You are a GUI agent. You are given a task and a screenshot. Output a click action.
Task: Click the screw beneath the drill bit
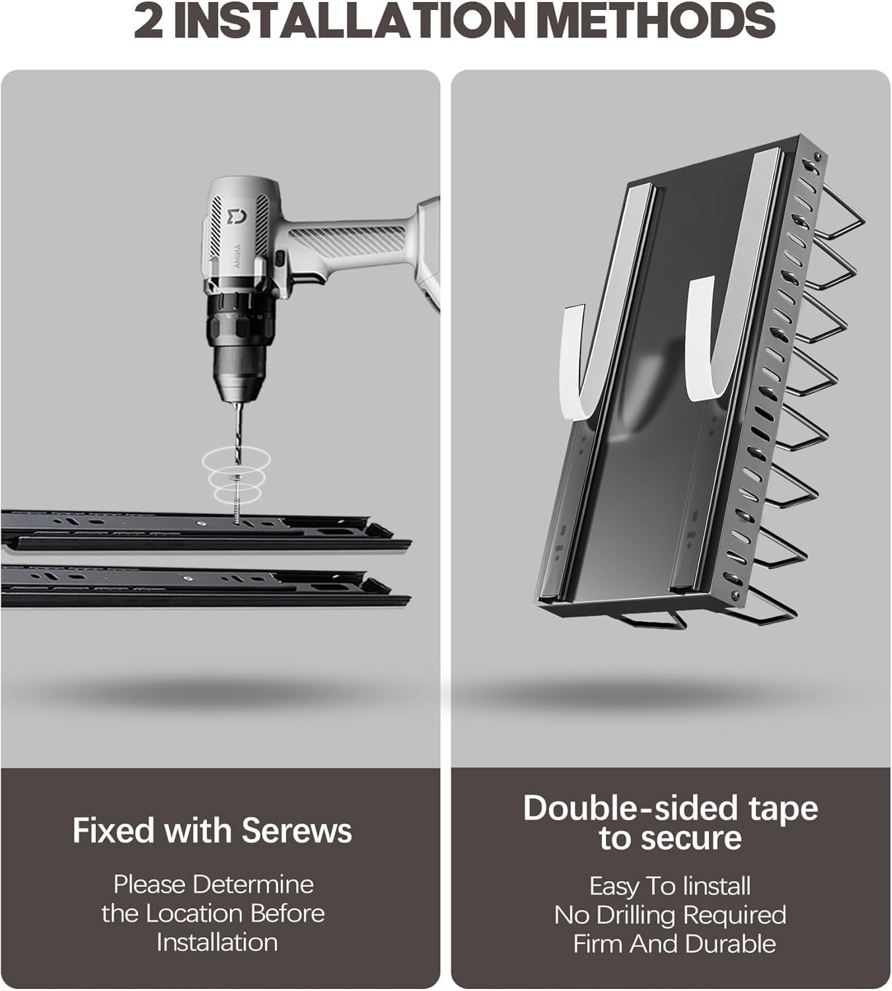(x=238, y=497)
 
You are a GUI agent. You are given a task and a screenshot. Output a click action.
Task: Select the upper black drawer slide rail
(x=205, y=531)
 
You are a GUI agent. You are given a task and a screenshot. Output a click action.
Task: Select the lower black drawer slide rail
(x=205, y=587)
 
